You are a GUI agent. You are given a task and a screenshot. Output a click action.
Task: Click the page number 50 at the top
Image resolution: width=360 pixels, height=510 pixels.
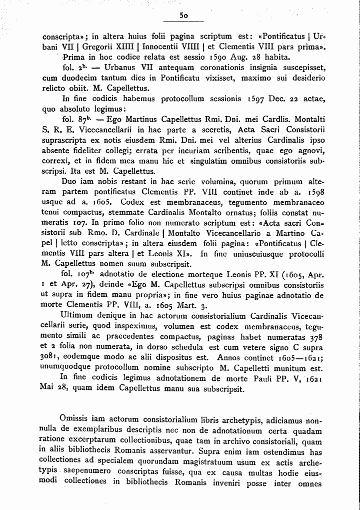pos(183,16)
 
